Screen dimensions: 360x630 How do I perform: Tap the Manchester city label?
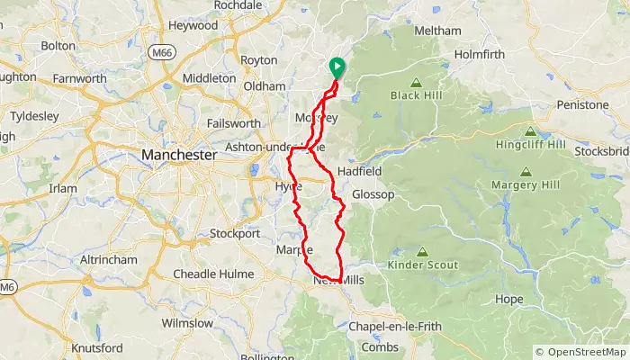(x=179, y=156)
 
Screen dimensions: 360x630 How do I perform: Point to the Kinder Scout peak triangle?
(x=421, y=251)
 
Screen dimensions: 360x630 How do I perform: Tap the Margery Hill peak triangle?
(x=526, y=171)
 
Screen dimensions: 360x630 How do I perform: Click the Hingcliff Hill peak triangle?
(x=529, y=130)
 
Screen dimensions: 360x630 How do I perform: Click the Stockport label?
(x=234, y=234)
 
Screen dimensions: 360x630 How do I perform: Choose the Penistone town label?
(x=582, y=105)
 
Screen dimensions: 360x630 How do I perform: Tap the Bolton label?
(x=58, y=45)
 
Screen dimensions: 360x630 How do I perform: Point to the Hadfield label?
(x=360, y=171)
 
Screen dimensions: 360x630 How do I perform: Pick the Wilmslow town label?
(x=187, y=322)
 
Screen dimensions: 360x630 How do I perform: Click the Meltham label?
(x=437, y=31)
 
